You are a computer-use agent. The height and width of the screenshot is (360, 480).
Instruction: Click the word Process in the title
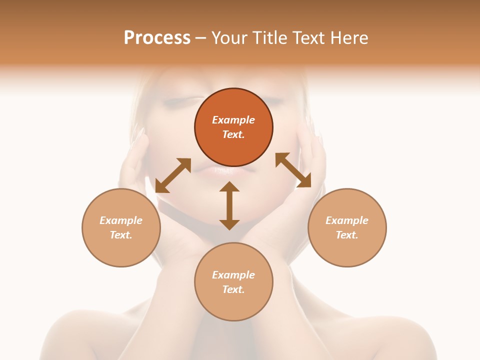point(157,38)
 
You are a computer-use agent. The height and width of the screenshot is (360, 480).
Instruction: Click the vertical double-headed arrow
point(229,205)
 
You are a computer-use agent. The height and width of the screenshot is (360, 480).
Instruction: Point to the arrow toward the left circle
point(173,175)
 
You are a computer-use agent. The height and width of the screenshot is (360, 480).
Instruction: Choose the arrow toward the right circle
point(293,170)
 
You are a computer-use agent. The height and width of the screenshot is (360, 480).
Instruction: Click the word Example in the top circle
point(233,120)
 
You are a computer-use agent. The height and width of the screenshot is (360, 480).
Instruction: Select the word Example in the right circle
point(347,220)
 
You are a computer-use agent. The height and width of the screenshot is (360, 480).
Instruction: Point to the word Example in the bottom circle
point(233,275)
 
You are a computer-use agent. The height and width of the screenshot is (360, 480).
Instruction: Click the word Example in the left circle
point(121,220)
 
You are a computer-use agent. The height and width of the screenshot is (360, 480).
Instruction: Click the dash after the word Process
point(200,38)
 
